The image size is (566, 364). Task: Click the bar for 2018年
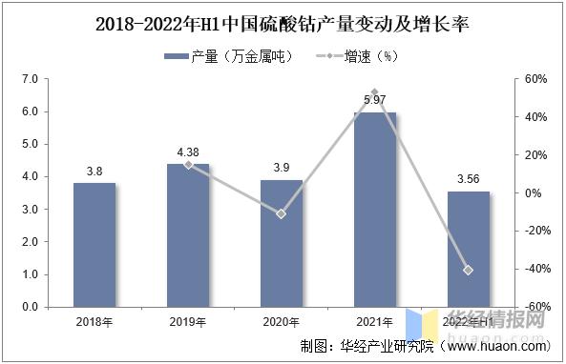tap(94, 245)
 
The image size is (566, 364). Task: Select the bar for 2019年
tap(188, 235)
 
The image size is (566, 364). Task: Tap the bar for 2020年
tap(282, 243)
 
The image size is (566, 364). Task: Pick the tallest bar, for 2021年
tap(374, 210)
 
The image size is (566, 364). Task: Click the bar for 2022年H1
tap(468, 249)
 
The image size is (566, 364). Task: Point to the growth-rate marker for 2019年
tap(188, 164)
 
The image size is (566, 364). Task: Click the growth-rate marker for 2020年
tap(282, 213)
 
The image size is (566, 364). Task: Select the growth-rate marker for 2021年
tap(374, 92)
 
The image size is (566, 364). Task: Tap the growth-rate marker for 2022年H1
tap(468, 270)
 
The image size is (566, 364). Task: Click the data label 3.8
tap(94, 172)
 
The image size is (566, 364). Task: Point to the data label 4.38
tap(188, 152)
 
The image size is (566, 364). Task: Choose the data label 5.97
tap(374, 100)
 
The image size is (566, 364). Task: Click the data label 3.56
tap(468, 179)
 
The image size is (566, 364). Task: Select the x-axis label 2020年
tap(282, 322)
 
